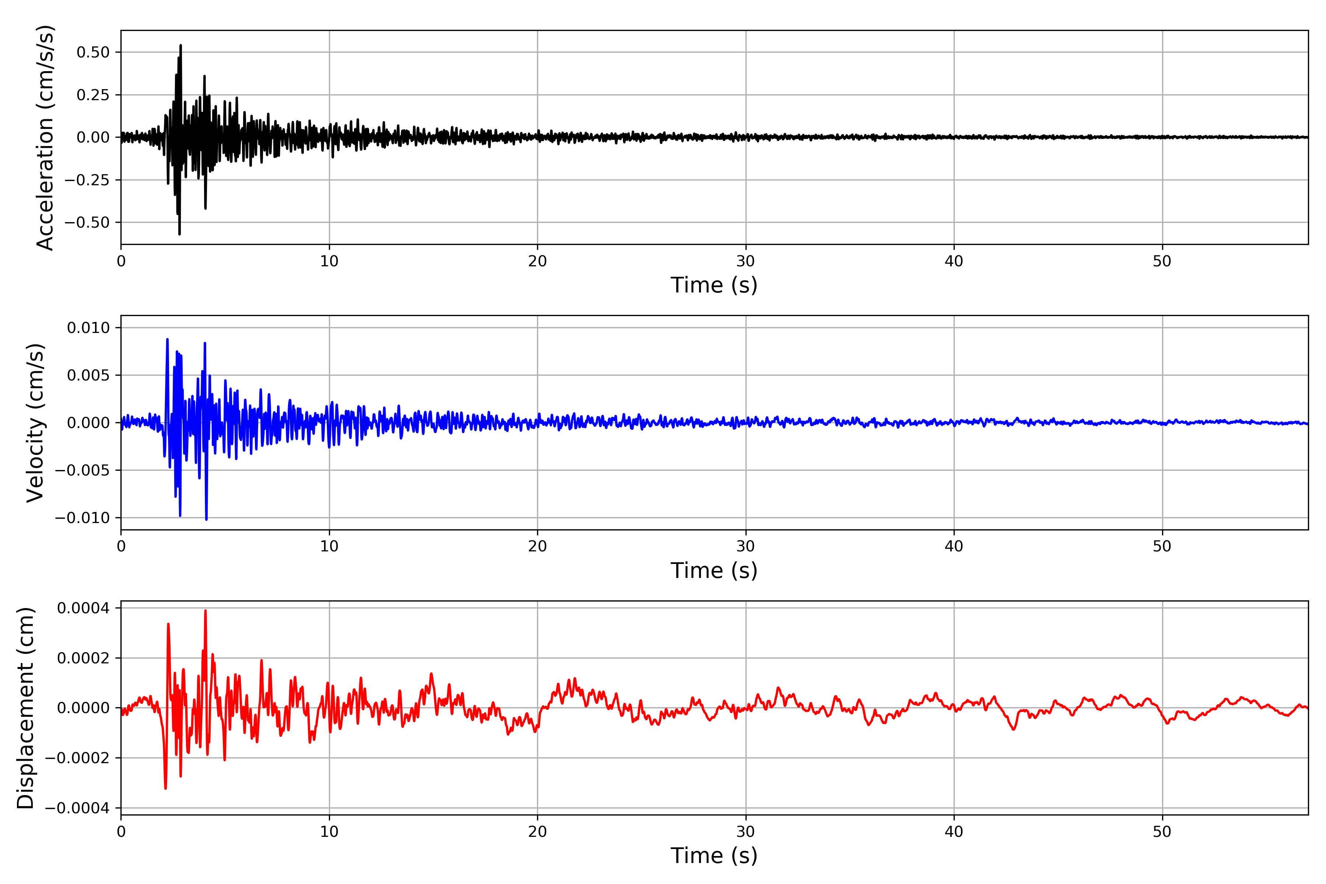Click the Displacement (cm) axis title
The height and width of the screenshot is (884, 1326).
(x=26, y=708)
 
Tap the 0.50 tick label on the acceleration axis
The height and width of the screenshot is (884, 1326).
(x=93, y=52)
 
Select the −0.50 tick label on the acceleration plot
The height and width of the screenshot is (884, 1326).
(x=87, y=223)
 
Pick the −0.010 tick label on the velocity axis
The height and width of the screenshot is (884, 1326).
(x=82, y=518)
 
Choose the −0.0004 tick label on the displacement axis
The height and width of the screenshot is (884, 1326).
(x=77, y=808)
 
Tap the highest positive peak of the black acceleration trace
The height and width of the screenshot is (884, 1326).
(x=180, y=45)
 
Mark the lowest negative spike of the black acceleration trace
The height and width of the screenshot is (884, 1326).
(x=179, y=234)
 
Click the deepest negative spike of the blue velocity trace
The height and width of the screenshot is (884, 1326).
(x=206, y=519)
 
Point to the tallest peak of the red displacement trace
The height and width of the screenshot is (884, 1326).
(x=205, y=611)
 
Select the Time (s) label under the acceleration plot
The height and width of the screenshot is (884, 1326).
(x=714, y=285)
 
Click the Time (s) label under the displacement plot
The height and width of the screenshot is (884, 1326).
(x=714, y=855)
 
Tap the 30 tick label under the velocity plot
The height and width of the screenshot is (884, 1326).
(x=745, y=546)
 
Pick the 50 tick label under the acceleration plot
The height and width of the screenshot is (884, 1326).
(x=1162, y=261)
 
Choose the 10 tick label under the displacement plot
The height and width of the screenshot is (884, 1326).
(x=329, y=832)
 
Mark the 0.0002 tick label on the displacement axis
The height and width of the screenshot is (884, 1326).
(x=84, y=658)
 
